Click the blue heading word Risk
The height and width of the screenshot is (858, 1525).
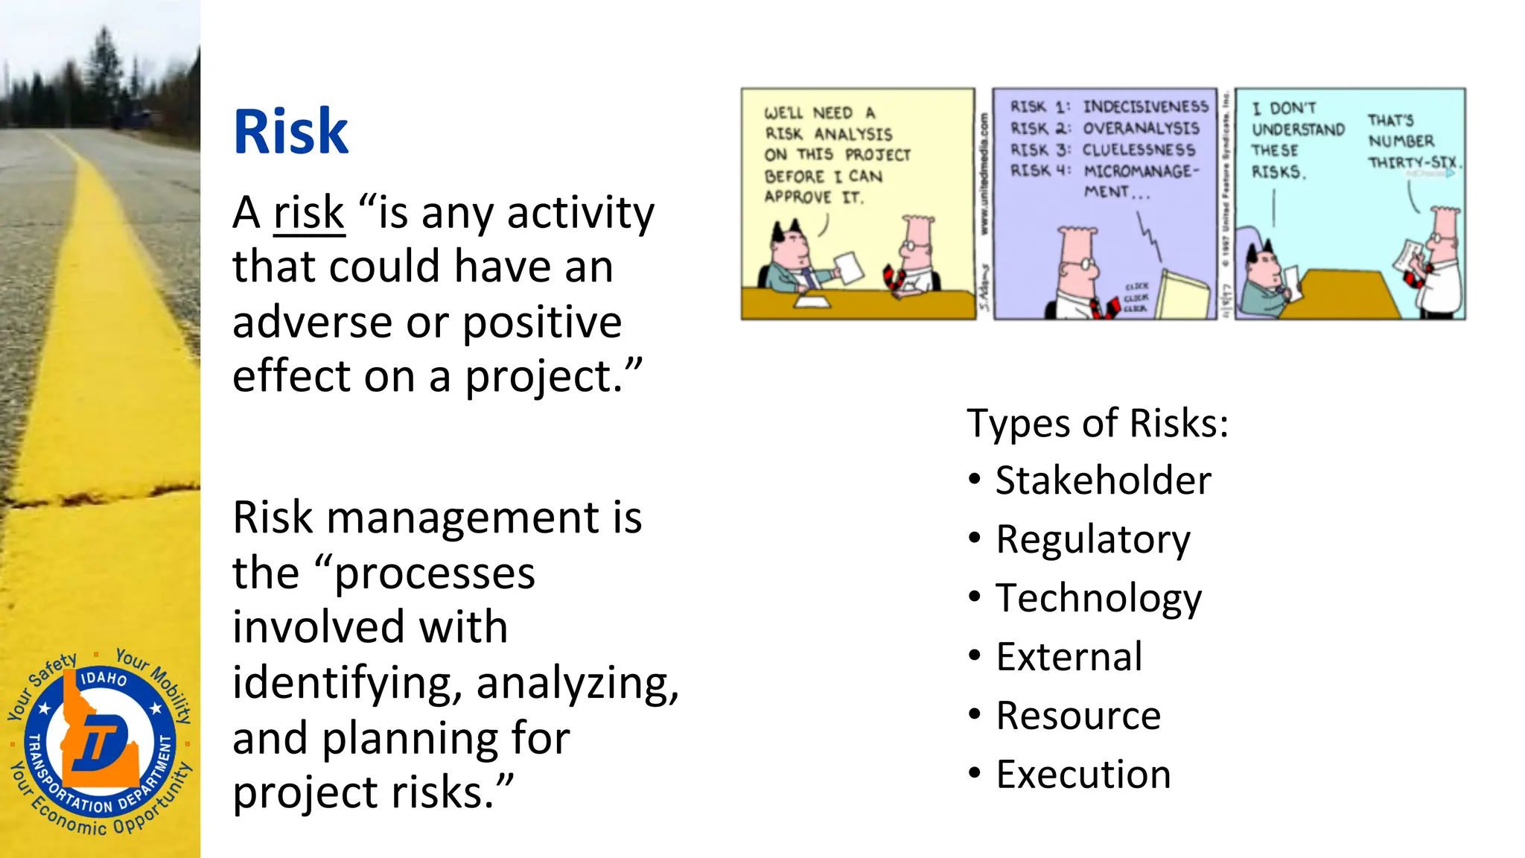(290, 132)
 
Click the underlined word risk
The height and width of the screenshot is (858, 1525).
(309, 214)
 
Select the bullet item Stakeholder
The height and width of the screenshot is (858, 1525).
(1103, 480)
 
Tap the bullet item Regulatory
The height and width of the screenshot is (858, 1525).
(1092, 539)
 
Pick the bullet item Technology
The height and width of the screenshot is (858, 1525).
(1098, 598)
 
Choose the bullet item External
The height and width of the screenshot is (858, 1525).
(1069, 657)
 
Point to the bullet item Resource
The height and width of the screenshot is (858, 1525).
(1077, 716)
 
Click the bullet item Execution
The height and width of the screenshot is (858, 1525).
(1083, 775)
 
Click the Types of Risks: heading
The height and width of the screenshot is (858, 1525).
(1097, 423)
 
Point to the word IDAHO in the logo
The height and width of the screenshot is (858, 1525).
(104, 679)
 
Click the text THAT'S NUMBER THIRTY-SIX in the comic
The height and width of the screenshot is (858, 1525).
(1410, 142)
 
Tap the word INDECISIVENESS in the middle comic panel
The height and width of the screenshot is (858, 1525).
(1145, 107)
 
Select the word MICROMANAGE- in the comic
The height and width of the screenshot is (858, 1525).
(1141, 171)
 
